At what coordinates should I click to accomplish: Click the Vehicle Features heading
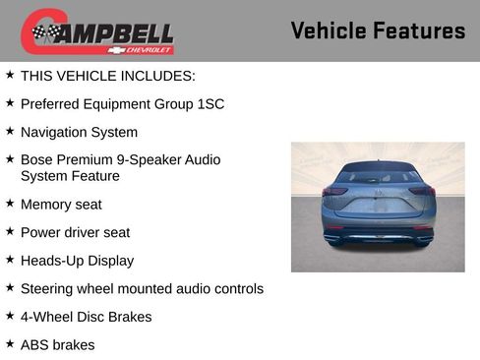(378, 30)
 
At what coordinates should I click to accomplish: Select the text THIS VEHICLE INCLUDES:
(108, 75)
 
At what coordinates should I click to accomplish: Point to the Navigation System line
(79, 132)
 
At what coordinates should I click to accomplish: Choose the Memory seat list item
(61, 205)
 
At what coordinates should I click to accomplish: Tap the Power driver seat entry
(75, 233)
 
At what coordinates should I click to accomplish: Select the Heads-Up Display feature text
(77, 261)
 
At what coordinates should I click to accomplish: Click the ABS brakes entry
(58, 345)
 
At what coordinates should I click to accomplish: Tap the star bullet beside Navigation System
(10, 131)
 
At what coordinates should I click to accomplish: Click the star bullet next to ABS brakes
(10, 344)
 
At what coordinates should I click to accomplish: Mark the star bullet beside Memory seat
(10, 204)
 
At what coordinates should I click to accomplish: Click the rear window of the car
(378, 177)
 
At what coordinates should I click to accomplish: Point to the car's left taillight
(334, 191)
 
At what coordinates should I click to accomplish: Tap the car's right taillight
(422, 191)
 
